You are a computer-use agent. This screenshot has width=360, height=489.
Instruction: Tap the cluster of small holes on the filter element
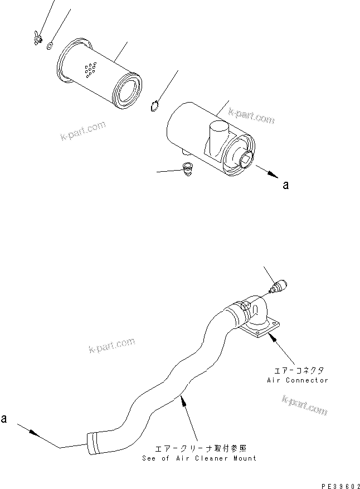click(89, 70)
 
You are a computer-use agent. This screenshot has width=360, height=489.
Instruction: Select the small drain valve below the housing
click(188, 168)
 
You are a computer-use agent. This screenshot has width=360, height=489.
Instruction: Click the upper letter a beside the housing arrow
click(286, 185)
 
